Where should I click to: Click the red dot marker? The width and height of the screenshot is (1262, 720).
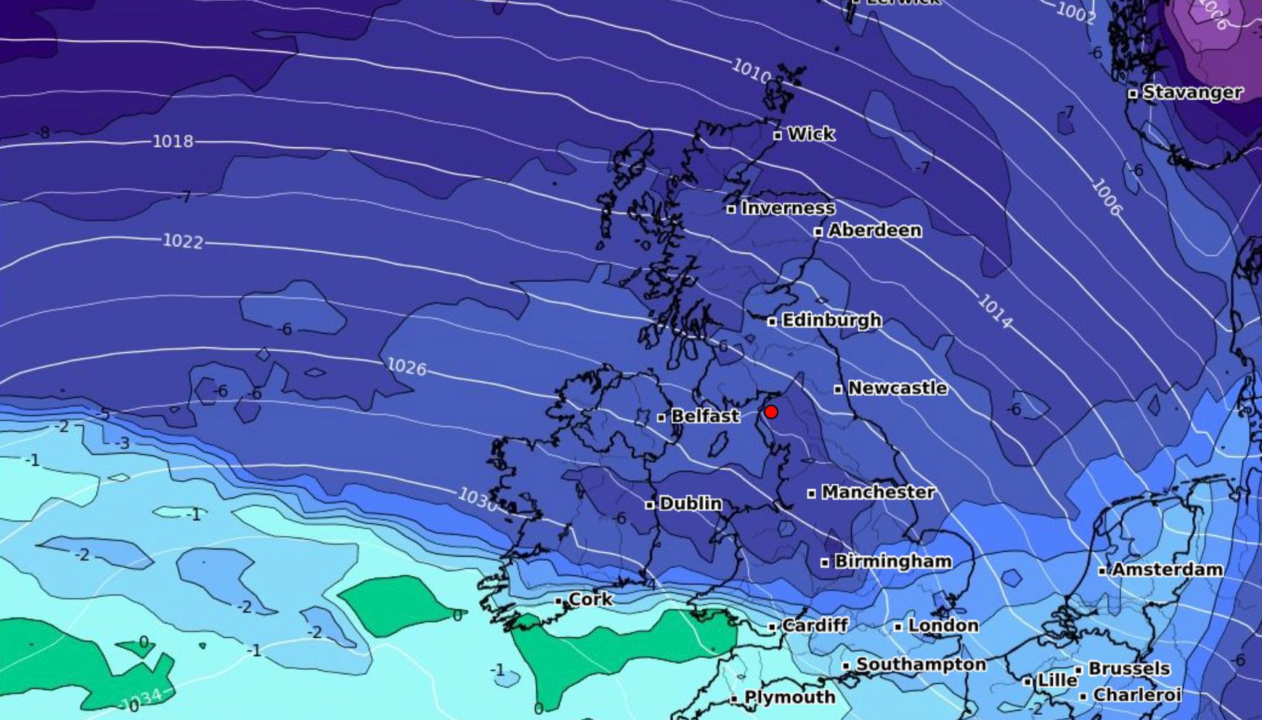[x=771, y=412]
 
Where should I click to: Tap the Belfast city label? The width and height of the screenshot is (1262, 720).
[x=704, y=416]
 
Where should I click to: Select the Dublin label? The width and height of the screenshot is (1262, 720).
[x=690, y=503]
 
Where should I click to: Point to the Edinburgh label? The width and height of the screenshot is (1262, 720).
[x=831, y=320]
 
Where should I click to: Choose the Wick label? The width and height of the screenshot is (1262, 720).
[x=811, y=134]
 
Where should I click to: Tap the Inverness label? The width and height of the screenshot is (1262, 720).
[x=788, y=209]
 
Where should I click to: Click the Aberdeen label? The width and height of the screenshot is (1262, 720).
[x=874, y=231]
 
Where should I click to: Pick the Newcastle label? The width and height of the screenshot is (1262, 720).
[x=897, y=389]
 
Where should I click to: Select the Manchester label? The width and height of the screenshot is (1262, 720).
[x=878, y=493]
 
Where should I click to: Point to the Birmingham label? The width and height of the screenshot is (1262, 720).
[x=892, y=562]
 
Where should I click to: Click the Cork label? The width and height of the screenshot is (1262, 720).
[x=590, y=600]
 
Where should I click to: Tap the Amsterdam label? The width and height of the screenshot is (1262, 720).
[x=1167, y=570]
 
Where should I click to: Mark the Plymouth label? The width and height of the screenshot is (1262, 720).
[x=789, y=698]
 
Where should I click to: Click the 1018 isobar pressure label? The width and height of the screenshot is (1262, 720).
[x=173, y=141]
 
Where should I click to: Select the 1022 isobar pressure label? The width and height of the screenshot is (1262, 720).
[x=182, y=240]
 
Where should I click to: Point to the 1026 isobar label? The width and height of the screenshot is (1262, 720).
[x=407, y=367]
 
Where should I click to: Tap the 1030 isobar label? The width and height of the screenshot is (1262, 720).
[x=478, y=498]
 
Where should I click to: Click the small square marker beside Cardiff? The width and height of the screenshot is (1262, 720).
[x=773, y=626]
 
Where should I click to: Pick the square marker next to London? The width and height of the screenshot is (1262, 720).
[x=898, y=626]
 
